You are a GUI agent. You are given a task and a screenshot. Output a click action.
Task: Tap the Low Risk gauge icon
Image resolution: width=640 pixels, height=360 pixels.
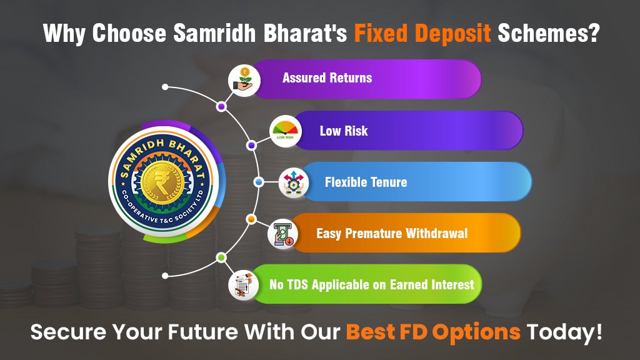285,131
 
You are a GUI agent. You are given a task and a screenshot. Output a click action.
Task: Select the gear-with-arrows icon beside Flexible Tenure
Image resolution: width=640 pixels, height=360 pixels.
294,182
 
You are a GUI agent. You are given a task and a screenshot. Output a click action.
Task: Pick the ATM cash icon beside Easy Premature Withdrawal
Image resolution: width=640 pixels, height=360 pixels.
283,234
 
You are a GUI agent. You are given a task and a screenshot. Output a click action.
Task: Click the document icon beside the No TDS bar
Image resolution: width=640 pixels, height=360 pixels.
244,285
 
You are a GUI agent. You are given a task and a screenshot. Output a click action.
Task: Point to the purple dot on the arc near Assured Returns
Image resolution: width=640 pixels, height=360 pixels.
222,106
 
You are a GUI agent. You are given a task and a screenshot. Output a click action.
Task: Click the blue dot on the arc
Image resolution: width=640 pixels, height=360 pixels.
258,182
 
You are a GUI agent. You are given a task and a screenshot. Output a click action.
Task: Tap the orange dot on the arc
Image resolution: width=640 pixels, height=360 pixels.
251,219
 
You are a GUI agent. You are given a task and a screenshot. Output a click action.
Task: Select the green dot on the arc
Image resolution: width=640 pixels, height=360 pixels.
221,257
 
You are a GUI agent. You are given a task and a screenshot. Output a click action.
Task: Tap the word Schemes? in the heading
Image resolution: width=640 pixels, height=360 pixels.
549,32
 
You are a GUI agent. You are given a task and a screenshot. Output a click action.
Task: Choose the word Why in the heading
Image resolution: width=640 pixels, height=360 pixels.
64,34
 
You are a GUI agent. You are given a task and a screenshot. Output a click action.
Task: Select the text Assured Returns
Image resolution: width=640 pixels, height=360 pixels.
327,77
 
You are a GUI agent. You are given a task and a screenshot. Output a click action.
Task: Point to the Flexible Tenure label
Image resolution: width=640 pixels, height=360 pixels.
366,182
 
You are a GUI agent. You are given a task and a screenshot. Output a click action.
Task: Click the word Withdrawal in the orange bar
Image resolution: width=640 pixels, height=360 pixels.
437,234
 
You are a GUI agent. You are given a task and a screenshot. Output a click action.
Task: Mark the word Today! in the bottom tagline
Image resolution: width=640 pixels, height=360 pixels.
564,331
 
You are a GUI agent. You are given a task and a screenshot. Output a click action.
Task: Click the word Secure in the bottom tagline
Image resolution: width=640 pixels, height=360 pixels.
69,331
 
